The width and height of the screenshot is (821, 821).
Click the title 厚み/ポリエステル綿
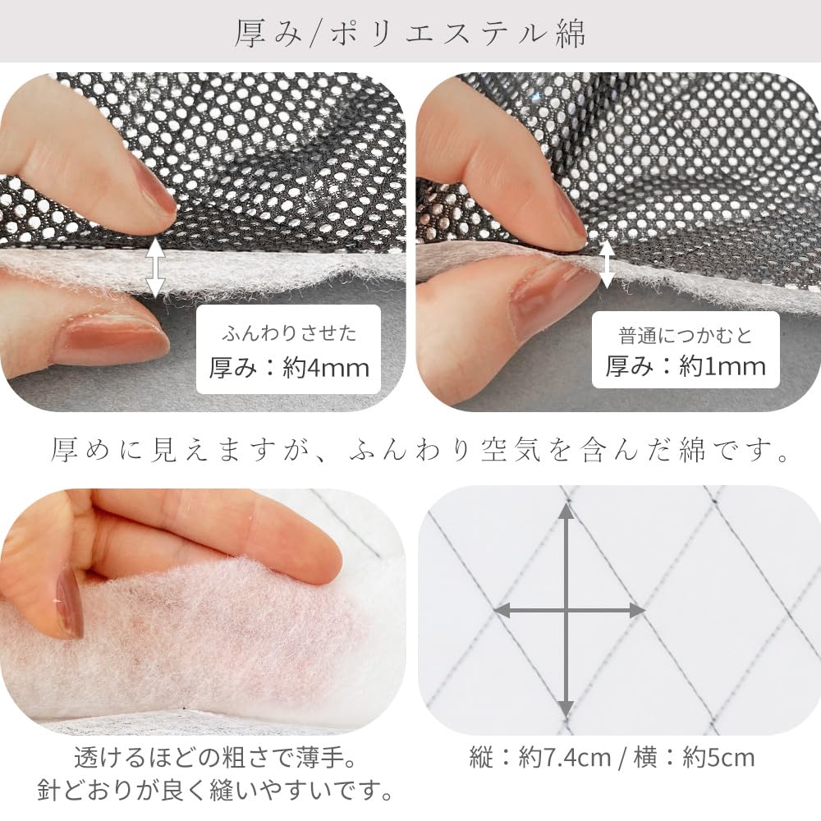pos(410,32)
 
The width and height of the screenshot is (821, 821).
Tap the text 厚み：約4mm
pos(289,366)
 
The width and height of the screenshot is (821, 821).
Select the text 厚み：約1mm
pos(686,365)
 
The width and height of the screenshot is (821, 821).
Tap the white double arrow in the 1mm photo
pos(607,263)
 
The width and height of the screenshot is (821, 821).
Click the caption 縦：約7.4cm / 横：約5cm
pos(612,756)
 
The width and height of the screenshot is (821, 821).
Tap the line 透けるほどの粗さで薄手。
pos(216,756)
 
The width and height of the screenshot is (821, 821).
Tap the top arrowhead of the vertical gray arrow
pos(566,514)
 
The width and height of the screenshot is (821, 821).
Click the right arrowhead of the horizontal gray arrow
pos(635,610)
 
